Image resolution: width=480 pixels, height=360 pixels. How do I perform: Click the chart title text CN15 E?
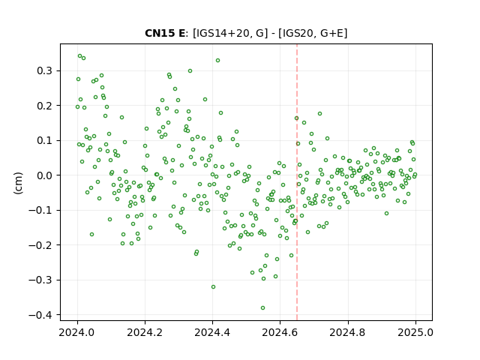click(x=165, y=33)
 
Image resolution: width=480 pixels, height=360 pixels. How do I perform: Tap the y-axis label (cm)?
click(x=18, y=183)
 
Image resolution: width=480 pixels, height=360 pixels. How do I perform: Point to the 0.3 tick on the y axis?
click(x=45, y=70)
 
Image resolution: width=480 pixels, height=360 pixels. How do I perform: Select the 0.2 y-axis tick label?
click(x=45, y=106)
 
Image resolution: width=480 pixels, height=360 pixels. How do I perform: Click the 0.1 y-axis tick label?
click(x=45, y=140)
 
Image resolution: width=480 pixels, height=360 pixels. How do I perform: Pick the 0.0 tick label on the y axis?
click(x=45, y=175)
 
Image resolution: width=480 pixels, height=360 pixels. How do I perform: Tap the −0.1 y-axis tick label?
click(x=40, y=210)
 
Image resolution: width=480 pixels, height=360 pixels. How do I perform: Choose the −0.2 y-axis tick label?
click(x=40, y=245)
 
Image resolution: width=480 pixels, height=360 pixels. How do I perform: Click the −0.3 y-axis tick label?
click(x=40, y=280)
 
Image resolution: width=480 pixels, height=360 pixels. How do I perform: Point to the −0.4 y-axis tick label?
click(x=40, y=315)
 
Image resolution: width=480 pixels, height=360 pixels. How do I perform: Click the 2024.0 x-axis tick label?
click(x=77, y=332)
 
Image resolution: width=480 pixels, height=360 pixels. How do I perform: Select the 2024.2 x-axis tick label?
click(x=145, y=332)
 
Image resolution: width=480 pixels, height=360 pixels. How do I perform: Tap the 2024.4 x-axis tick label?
click(x=212, y=332)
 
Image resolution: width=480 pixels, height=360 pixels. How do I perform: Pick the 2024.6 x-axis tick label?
click(x=280, y=332)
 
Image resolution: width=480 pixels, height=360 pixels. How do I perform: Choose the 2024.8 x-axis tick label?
click(x=347, y=332)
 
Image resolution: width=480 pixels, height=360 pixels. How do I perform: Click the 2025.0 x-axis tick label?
click(x=415, y=332)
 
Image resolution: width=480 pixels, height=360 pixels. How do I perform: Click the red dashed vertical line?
click(x=297, y=182)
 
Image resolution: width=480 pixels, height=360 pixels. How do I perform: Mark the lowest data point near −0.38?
click(x=262, y=308)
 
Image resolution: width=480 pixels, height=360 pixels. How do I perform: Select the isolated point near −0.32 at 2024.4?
click(x=213, y=286)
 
